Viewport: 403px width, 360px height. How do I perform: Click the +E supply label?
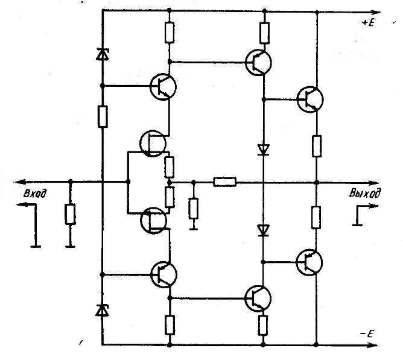369,22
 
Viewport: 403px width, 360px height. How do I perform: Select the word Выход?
365,194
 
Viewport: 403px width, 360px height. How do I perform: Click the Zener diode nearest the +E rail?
102,55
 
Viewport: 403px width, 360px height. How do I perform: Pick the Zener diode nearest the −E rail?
102,310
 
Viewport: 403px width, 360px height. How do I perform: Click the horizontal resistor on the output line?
224,181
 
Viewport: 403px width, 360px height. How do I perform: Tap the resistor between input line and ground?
71,214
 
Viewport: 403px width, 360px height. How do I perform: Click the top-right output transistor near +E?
310,98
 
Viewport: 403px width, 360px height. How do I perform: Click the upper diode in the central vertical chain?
263,148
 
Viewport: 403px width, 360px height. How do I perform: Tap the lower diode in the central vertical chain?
263,230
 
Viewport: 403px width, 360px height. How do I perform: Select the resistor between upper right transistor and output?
316,145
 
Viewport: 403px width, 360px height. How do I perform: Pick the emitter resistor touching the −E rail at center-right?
263,324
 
